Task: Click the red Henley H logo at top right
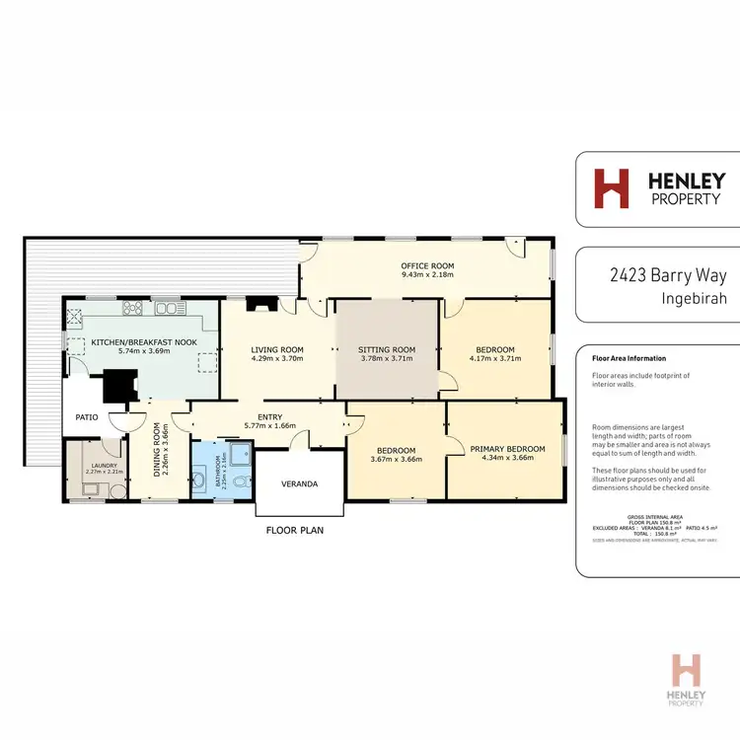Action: point(610,188)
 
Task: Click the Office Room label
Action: point(426,266)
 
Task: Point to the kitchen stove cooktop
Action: point(133,309)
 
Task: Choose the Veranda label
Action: point(300,484)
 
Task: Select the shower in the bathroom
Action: point(237,456)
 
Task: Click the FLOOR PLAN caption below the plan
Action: point(294,530)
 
